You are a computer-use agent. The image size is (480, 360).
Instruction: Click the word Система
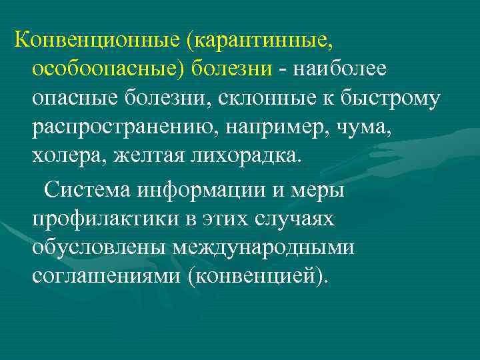click(x=87, y=189)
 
